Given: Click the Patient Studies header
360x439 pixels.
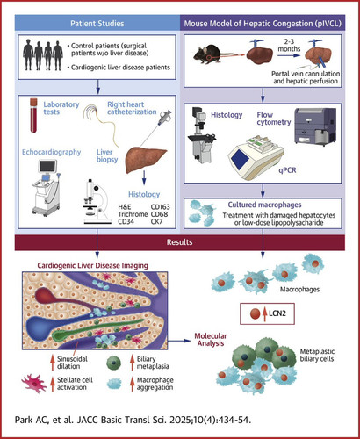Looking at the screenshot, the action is pos(97,24).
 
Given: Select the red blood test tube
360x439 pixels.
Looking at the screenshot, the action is pos(33,115).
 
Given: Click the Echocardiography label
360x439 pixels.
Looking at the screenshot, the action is pos(52,152).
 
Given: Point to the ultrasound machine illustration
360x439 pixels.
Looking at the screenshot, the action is pos(47,187).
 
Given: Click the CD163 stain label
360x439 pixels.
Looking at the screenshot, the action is pos(160,207).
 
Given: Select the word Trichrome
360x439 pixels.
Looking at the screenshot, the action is pos(133,214).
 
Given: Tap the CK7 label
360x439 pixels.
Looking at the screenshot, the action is pos(156,221).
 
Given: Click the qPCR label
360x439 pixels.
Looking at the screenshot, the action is pos(287,169).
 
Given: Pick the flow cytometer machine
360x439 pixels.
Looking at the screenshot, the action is pos(315,126).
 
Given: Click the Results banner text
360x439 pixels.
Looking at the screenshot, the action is pos(180,242).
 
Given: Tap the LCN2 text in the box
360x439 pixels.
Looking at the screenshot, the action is pos(277,313).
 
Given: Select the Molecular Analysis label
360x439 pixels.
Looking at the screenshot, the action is pos(211,340).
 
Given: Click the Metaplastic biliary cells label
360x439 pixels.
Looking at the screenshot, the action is pos(317,355).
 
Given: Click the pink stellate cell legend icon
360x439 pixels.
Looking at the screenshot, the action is pos(34,383).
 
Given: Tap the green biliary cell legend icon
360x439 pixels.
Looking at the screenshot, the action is pos(114,363).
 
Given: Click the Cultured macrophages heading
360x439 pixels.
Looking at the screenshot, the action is pos(264,205).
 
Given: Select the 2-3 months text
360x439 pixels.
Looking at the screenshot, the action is pos(289,45).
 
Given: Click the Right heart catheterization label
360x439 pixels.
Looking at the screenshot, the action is pos(132,108).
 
